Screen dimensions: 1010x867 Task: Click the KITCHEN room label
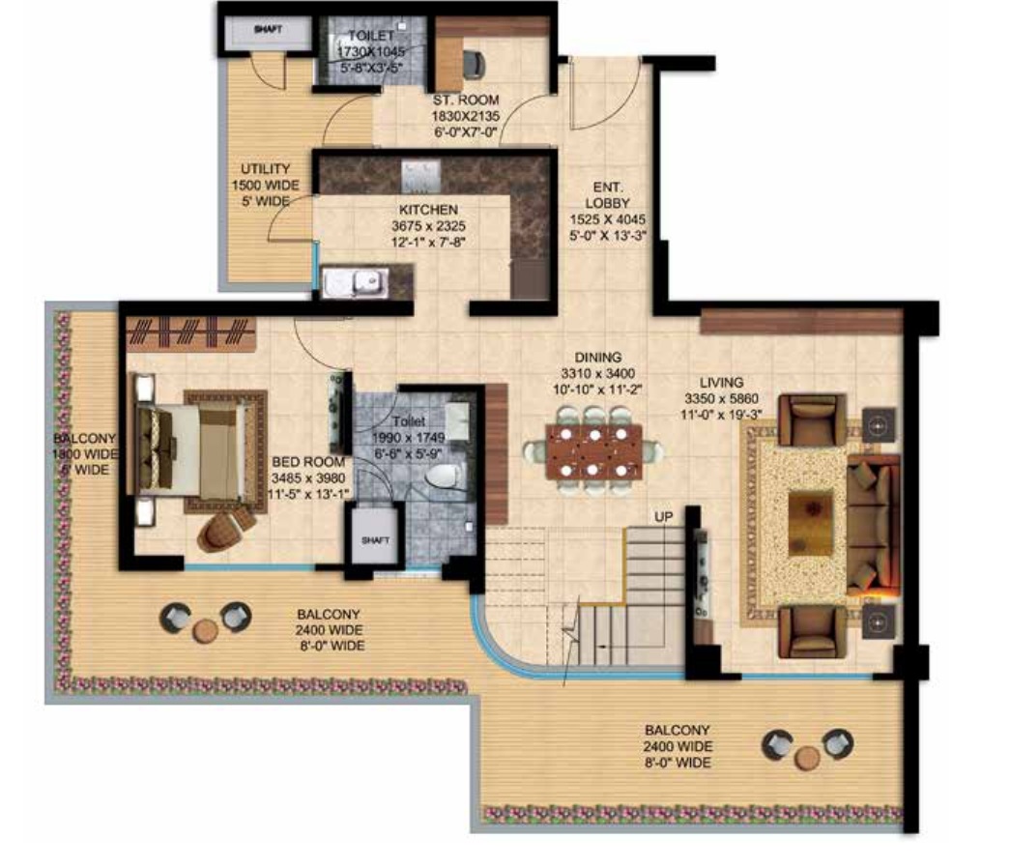click(x=428, y=210)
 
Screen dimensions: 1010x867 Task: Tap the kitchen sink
click(x=356, y=283)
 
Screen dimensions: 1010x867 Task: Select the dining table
click(x=593, y=450)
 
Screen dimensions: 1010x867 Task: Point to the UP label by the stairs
click(x=663, y=516)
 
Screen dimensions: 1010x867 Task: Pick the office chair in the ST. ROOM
click(x=475, y=63)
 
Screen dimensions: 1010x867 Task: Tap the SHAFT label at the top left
click(x=268, y=29)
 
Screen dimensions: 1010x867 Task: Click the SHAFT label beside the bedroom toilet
click(x=376, y=539)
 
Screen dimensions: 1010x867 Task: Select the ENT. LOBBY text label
click(x=607, y=195)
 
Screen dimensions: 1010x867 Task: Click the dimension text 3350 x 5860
click(x=721, y=399)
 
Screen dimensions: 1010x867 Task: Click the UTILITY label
click(x=266, y=169)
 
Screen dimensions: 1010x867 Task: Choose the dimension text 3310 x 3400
click(x=597, y=374)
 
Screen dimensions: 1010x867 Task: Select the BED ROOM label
click(x=308, y=462)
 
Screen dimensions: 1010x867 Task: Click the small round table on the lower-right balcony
click(x=808, y=758)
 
